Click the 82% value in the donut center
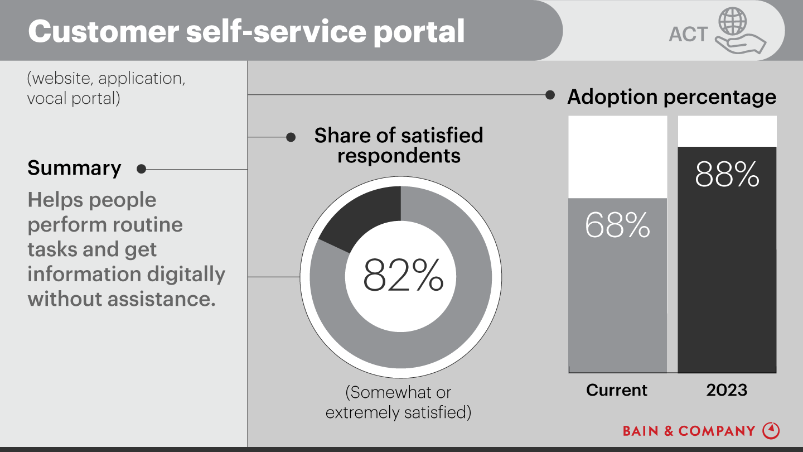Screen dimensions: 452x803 [403, 275]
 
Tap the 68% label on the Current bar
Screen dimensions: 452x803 [617, 225]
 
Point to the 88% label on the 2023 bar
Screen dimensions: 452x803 [727, 175]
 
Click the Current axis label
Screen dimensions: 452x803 [617, 390]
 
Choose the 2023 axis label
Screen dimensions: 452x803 [727, 390]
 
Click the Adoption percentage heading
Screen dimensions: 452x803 [671, 97]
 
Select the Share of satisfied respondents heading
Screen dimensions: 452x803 [398, 145]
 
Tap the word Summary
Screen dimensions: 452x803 [74, 168]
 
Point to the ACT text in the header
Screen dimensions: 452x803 [688, 35]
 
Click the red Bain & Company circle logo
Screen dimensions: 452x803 [771, 430]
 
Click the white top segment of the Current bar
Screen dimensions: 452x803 [617, 157]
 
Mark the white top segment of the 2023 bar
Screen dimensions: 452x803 [727, 131]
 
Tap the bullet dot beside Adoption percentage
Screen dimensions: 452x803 [550, 95]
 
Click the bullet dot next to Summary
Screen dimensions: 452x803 [141, 169]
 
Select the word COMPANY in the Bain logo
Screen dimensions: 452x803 [717, 431]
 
